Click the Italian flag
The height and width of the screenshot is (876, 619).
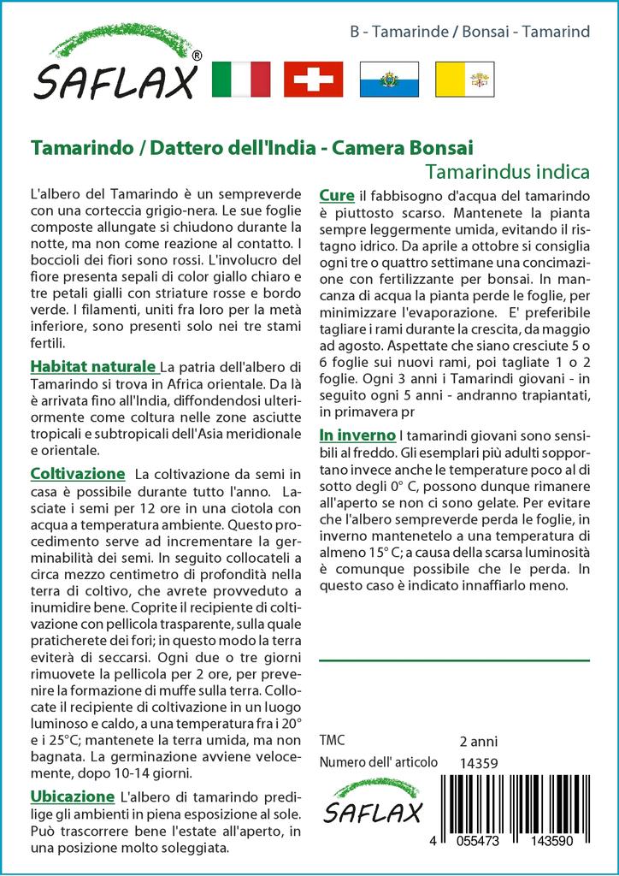click(x=240, y=79)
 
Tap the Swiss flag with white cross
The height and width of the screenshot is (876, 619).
click(x=313, y=79)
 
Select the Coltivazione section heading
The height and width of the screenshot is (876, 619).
click(x=78, y=473)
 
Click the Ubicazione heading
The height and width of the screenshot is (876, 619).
click(x=72, y=796)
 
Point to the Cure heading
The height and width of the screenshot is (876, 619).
click(x=336, y=195)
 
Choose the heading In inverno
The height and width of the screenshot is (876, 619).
click(x=357, y=434)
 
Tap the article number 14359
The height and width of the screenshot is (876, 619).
click(x=478, y=763)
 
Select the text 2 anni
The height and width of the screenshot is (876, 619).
click(x=478, y=741)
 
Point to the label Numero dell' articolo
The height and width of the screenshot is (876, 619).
click(x=378, y=762)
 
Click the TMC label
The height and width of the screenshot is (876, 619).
click(x=333, y=740)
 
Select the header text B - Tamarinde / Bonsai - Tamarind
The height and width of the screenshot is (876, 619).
click(x=470, y=32)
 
